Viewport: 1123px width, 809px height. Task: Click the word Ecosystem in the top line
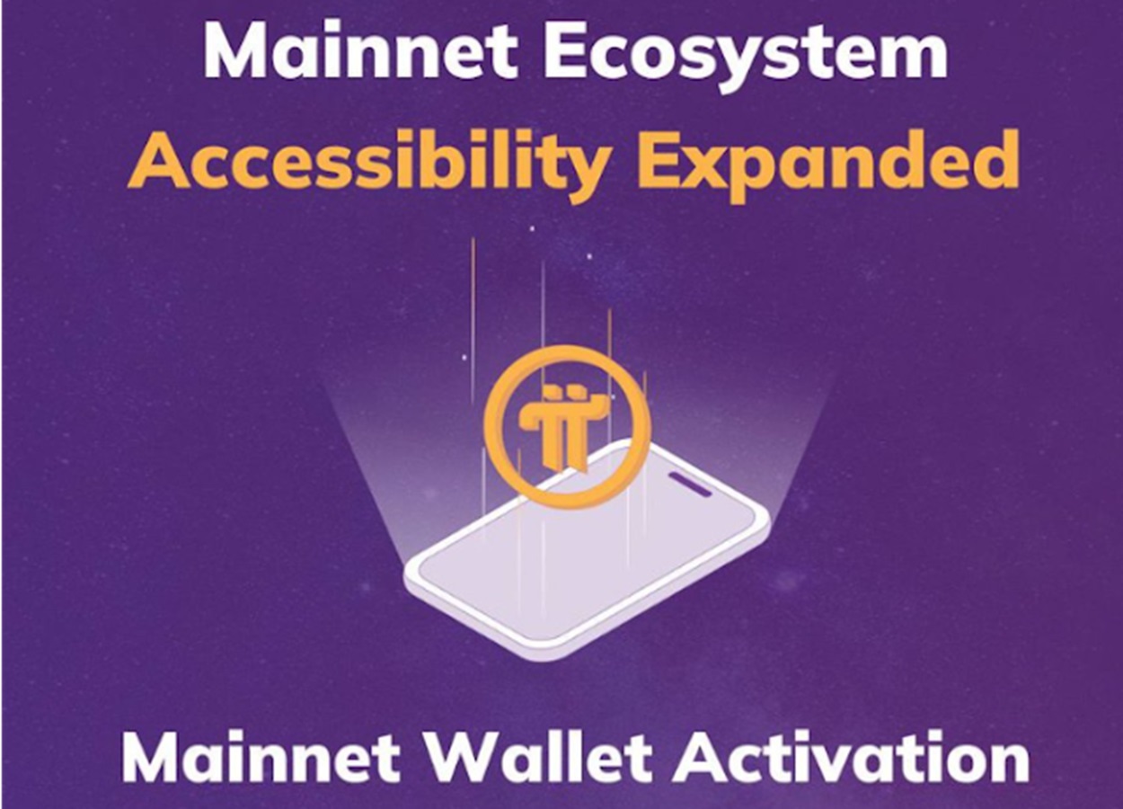pos(746,54)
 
